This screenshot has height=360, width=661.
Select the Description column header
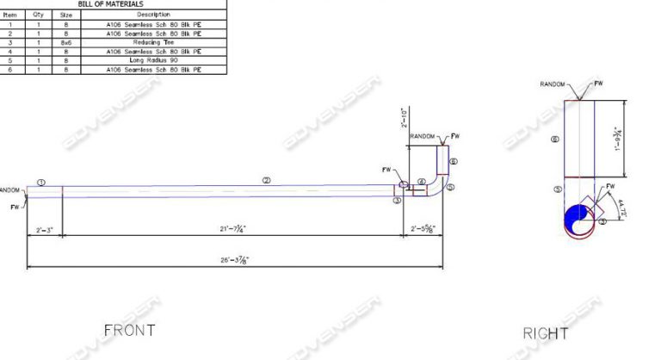(x=154, y=15)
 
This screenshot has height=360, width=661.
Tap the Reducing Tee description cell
(x=154, y=41)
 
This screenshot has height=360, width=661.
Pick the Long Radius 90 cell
(x=154, y=60)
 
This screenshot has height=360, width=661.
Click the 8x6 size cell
(x=65, y=41)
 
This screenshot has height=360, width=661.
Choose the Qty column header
(x=38, y=15)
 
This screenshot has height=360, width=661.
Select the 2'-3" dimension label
(x=45, y=228)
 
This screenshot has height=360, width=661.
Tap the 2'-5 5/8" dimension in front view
(x=423, y=228)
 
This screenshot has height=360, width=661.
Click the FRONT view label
(x=130, y=330)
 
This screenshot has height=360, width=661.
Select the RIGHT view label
(x=546, y=333)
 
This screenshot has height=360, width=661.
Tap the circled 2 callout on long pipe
(x=267, y=180)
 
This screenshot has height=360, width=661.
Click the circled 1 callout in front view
(x=41, y=182)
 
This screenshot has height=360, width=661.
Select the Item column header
(x=10, y=15)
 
